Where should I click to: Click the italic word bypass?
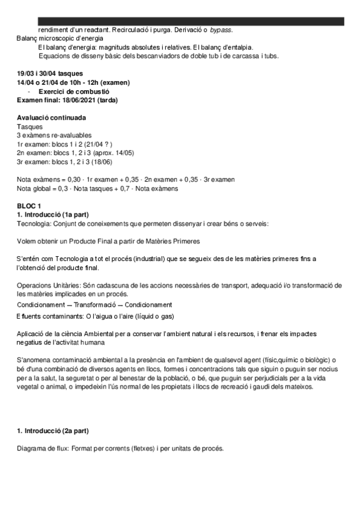(221, 30)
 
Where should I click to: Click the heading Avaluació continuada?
(51, 117)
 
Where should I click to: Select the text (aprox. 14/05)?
(113, 153)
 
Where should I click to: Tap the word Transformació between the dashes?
(111, 305)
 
